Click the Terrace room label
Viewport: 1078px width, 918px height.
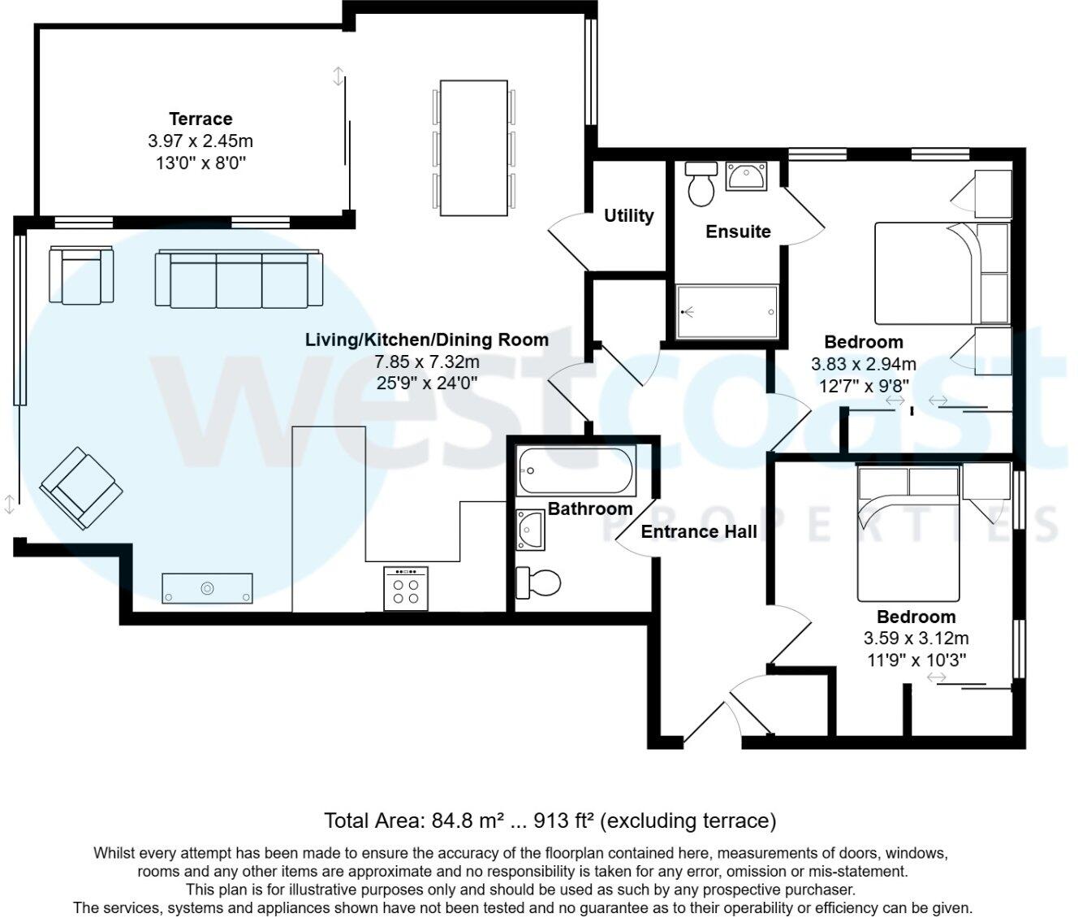click(x=201, y=119)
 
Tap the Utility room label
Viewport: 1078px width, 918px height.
click(x=628, y=216)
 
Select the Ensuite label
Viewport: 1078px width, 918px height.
click(x=738, y=232)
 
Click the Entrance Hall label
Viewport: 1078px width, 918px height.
click(x=699, y=532)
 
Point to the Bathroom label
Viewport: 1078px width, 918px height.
click(x=590, y=509)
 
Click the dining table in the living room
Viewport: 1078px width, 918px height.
click(x=474, y=148)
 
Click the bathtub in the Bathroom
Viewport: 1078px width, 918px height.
click(x=576, y=471)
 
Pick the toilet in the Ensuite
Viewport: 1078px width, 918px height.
click(x=700, y=184)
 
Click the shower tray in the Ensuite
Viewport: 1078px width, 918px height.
click(x=727, y=311)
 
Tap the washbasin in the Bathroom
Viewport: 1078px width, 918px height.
click(x=531, y=529)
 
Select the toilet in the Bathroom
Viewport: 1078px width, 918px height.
click(x=539, y=582)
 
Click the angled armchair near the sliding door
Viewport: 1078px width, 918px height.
click(x=80, y=489)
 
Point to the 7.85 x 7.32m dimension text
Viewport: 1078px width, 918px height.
click(x=427, y=362)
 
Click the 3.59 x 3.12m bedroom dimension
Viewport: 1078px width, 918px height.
click(x=916, y=639)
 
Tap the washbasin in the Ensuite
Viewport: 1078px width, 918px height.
click(x=746, y=175)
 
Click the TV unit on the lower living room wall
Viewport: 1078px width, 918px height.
click(x=207, y=587)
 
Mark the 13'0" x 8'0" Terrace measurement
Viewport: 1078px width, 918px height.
click(x=201, y=162)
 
